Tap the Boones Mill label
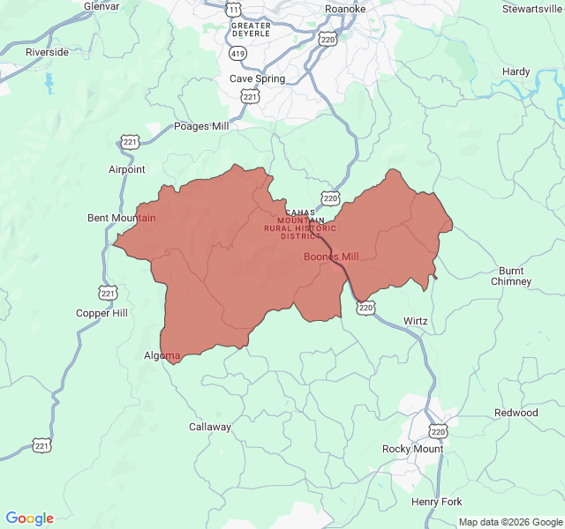(332, 257)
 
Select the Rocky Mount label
(412, 449)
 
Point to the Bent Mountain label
(122, 218)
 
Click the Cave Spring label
(258, 78)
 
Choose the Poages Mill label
(202, 126)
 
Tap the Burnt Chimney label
(511, 276)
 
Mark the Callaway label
(210, 427)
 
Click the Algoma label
(162, 356)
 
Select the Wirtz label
(415, 321)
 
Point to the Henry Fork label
(436, 502)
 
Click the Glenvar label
(102, 6)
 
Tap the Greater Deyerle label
(251, 29)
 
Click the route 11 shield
(233, 9)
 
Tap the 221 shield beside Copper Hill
(108, 293)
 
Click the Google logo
(29, 518)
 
